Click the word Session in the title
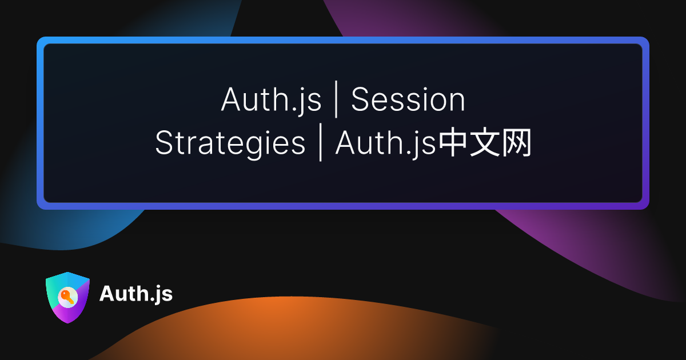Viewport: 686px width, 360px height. (408, 100)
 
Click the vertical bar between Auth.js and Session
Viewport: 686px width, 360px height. (337, 101)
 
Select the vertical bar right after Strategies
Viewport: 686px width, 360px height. (320, 144)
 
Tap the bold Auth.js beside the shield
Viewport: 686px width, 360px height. (135, 294)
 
